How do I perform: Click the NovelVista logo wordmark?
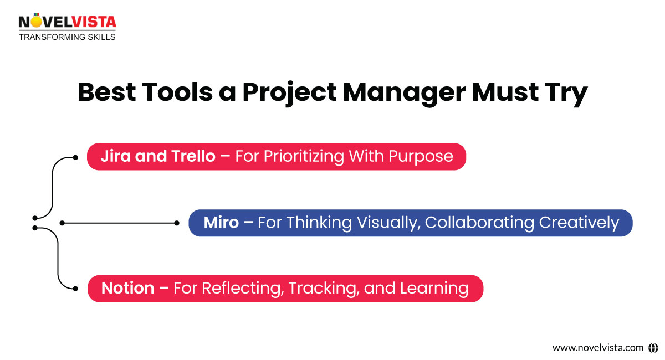[67, 22]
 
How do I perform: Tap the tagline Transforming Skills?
[67, 37]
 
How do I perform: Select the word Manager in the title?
[403, 92]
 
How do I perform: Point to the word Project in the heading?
[289, 92]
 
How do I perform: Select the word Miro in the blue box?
[221, 223]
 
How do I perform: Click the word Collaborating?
[479, 223]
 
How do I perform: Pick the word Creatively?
[579, 223]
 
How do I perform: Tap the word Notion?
[127, 288]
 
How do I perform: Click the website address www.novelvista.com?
[598, 348]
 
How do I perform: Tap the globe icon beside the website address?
[653, 348]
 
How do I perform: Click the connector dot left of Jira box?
[76, 157]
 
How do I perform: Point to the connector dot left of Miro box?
[177, 223]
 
